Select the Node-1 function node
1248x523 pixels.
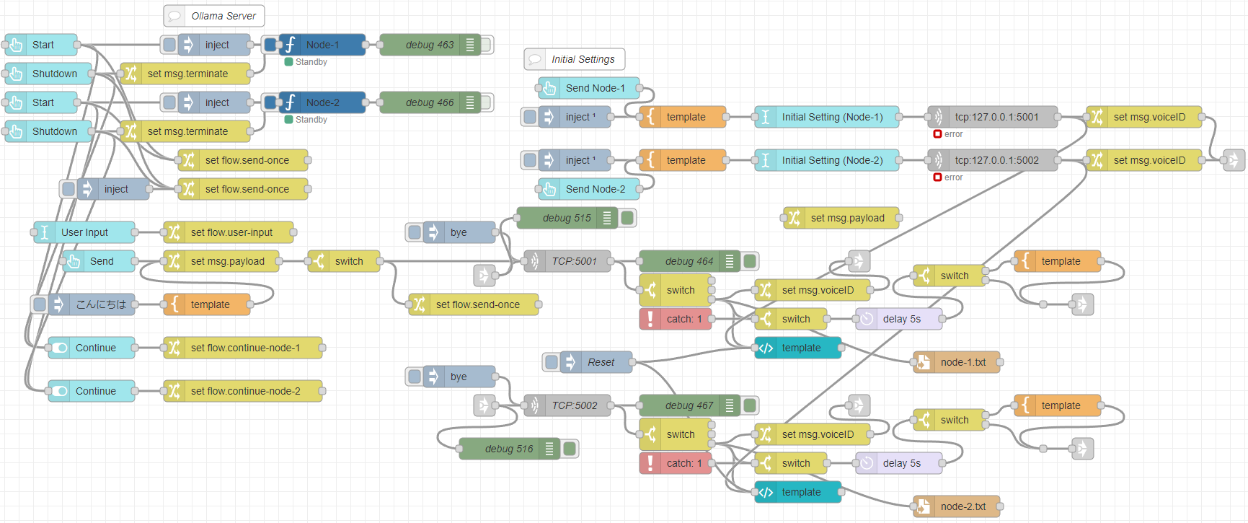point(322,45)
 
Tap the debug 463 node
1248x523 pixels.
point(429,45)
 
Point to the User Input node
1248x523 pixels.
point(84,232)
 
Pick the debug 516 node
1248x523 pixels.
point(508,449)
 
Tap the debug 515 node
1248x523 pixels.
point(566,218)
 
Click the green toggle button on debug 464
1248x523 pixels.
point(750,261)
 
